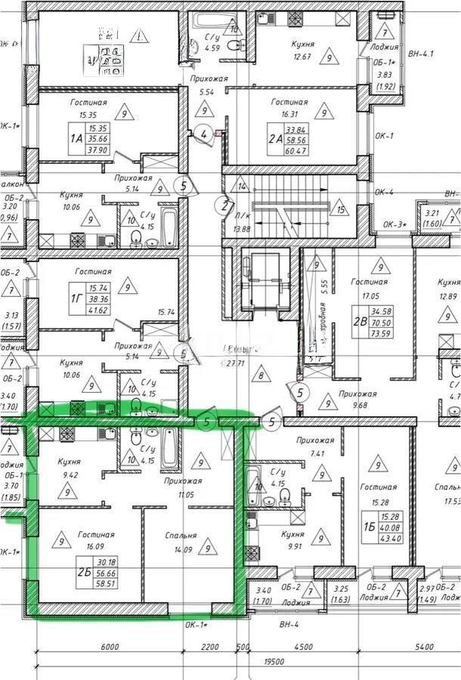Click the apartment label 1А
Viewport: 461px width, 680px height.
(76, 139)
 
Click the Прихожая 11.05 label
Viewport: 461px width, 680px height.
(185, 487)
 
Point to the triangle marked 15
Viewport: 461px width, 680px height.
(342, 210)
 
